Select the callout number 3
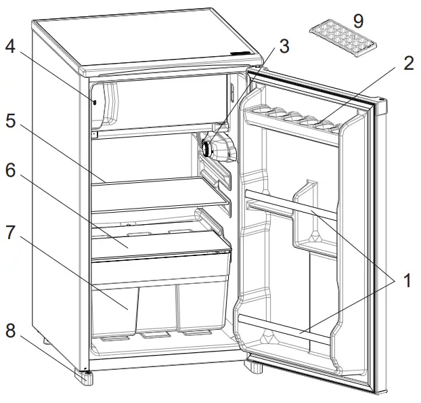(x=284, y=47)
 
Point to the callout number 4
(x=9, y=47)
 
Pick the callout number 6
(x=9, y=171)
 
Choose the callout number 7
(x=9, y=232)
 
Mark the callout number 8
(x=9, y=331)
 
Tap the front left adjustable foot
(x=85, y=376)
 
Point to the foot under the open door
(x=255, y=368)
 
